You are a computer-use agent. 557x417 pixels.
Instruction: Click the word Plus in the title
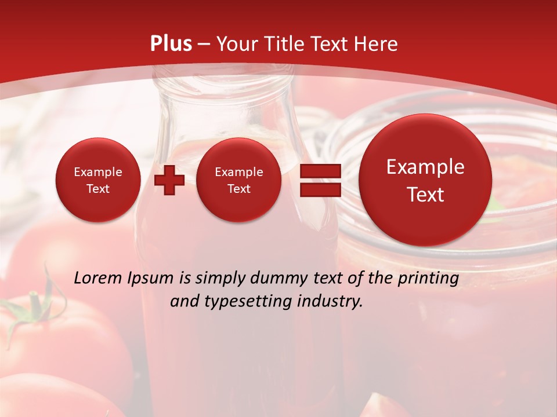coord(171,44)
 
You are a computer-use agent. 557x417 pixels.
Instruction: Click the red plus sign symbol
coord(169,180)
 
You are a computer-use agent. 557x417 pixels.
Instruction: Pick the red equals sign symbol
coord(320,180)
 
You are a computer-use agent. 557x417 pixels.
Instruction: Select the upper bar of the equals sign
coord(320,171)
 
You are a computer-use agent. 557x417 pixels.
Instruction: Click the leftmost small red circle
coord(98,180)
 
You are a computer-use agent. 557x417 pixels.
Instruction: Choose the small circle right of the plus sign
coord(238,180)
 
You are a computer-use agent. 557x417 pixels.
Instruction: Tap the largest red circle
coord(425,180)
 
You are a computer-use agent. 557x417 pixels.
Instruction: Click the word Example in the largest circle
coord(425,167)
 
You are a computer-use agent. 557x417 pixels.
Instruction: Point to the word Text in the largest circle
coord(425,195)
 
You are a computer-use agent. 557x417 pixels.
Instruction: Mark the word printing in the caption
coord(428,279)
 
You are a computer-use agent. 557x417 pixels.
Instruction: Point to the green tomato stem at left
coord(35,307)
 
